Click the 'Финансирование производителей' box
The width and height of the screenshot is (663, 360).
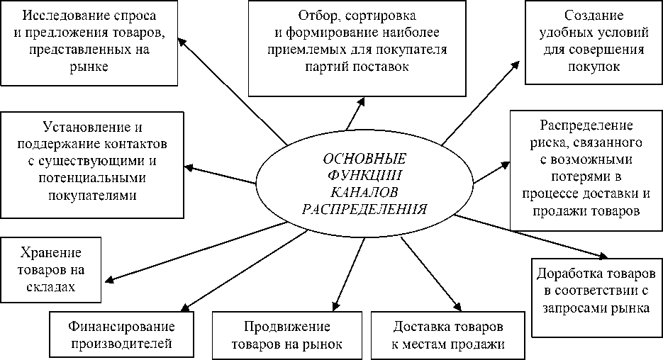122,336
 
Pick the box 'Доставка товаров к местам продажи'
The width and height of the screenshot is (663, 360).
447,336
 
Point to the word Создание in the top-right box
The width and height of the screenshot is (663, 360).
594,16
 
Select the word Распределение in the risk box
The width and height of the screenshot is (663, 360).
586,126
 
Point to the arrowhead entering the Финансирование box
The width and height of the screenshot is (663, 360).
182,307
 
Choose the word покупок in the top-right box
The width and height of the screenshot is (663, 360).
594,67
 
